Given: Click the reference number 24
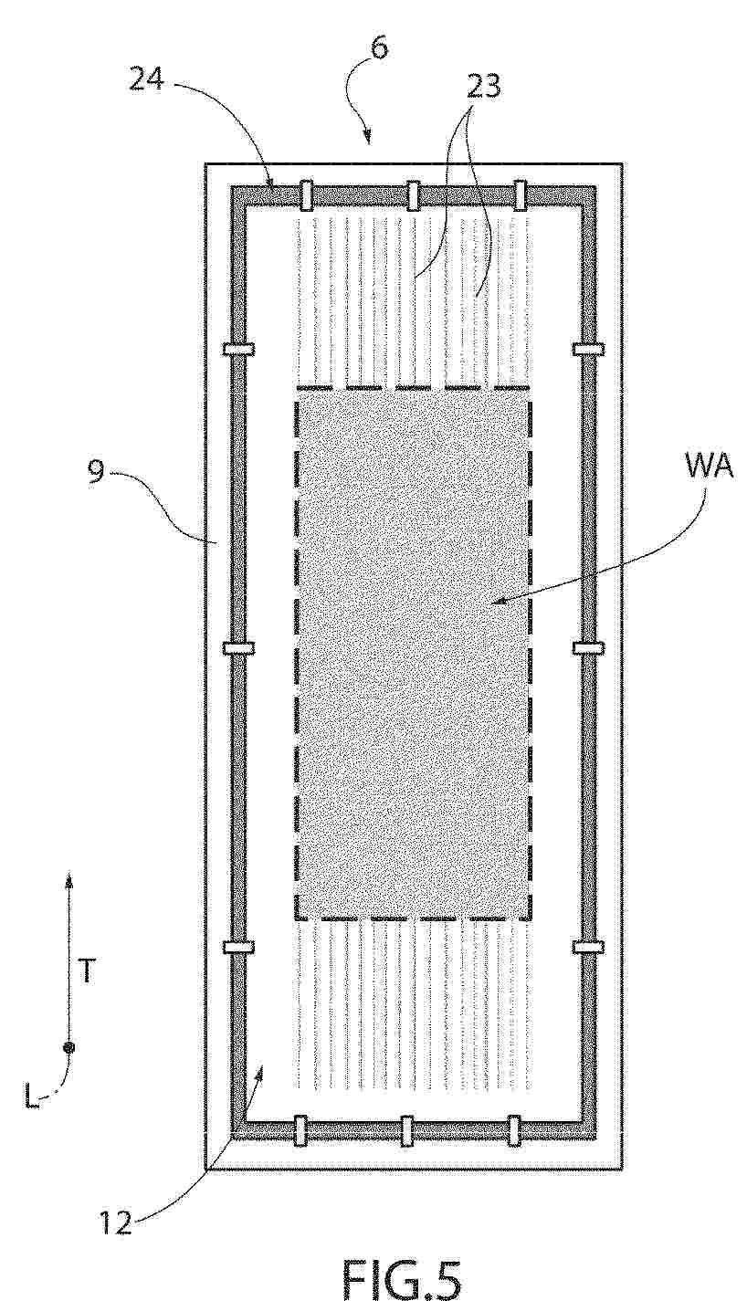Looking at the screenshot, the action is (x=146, y=79).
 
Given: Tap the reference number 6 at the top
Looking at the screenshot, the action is (x=378, y=47).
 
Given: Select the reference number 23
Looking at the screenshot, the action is (x=484, y=87).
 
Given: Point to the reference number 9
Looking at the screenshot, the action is (x=97, y=471).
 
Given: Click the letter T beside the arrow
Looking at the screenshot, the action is (x=87, y=970).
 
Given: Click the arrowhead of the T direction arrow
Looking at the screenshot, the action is (x=69, y=880).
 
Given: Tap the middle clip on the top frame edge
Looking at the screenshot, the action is (x=413, y=195).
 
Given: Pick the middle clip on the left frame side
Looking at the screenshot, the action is (x=238, y=647).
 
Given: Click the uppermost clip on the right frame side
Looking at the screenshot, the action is (x=588, y=349).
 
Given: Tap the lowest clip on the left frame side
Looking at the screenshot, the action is (x=238, y=948).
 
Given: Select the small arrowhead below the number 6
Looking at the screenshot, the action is (x=367, y=136).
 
